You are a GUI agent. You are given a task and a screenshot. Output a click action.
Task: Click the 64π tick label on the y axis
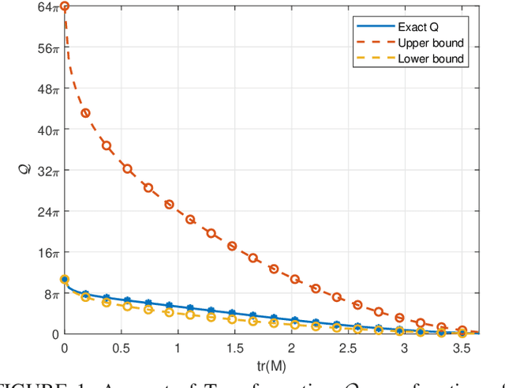[x=49, y=7]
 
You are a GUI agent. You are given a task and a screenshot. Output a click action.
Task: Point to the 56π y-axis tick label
[x=49, y=48]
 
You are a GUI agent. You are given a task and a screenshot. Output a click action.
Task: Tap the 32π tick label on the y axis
[x=49, y=171]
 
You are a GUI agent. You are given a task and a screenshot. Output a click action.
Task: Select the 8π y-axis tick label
[x=51, y=294]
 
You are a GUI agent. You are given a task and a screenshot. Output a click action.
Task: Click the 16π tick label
[x=49, y=253]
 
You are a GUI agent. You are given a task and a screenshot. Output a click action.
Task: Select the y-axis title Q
[x=29, y=170]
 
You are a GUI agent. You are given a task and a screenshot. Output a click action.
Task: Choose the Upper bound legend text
[x=431, y=43]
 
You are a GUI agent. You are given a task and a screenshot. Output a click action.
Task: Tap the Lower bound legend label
[x=431, y=58]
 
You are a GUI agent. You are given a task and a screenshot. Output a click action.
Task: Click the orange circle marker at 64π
[x=65, y=6]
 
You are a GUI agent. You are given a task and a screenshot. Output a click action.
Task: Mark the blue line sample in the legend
[x=372, y=26]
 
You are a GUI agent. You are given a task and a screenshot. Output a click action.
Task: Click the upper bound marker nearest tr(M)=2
[x=294, y=279]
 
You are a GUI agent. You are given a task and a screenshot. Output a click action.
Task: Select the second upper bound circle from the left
[x=85, y=113]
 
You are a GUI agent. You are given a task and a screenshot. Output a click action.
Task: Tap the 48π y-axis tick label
[x=49, y=89]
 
